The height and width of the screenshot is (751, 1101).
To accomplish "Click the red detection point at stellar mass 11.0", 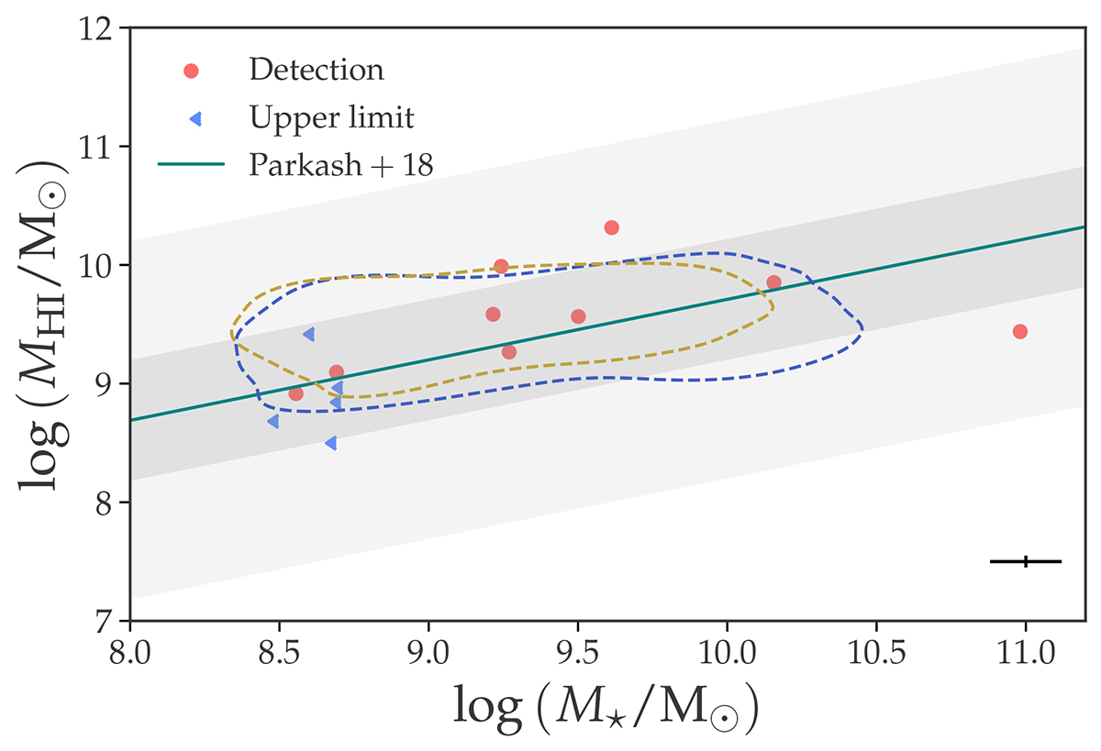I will pos(1019,331).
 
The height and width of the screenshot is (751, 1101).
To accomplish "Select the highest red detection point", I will pos(612,227).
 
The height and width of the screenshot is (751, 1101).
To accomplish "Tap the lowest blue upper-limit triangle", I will pos(330,443).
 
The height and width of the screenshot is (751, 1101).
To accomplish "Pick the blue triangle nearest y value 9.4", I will pos(309,334).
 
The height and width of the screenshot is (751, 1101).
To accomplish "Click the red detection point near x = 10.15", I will pos(773,282).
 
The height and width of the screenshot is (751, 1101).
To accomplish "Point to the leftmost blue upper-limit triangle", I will pos(272,421).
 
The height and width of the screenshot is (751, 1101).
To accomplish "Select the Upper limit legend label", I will pos(331,116).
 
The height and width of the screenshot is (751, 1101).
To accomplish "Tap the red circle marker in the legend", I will pos(191,70).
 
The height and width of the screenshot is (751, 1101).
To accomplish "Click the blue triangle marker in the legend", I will pos(190,116).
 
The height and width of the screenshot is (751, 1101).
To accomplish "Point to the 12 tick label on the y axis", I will pos(106,29).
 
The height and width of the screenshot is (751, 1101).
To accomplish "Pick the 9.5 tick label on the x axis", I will pos(577,658).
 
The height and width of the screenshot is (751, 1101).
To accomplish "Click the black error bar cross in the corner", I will pos(1026,561).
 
